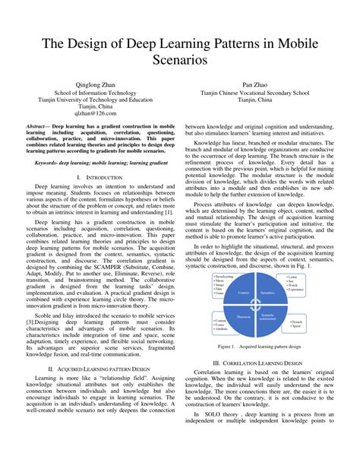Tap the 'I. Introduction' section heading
[x=99, y=176]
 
